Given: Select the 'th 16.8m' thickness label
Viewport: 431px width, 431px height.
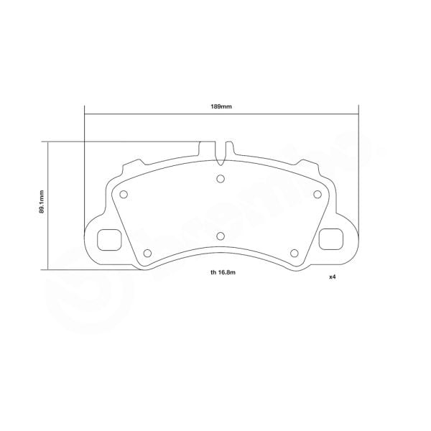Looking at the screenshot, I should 224,273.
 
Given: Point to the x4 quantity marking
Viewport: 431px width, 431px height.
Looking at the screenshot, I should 333,277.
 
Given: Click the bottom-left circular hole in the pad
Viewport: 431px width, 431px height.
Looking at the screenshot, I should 148,252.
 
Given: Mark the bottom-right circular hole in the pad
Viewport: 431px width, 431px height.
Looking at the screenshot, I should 295,252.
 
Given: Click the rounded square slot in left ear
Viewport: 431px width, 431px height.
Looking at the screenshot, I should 108,238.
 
